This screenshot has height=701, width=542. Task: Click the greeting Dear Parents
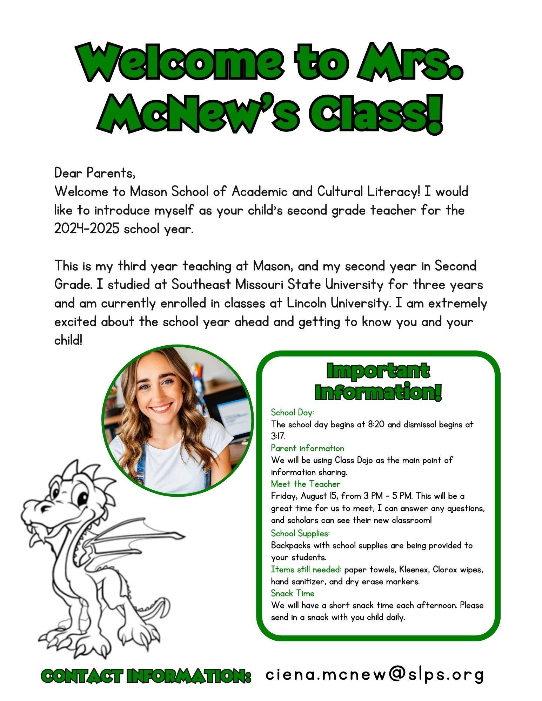point(95,173)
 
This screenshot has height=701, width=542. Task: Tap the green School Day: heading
point(292,412)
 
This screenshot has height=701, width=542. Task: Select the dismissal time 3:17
point(278,436)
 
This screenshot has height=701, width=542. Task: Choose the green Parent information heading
point(307,448)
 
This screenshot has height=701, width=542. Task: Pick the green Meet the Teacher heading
point(306,484)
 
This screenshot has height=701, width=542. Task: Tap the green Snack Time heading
point(293,593)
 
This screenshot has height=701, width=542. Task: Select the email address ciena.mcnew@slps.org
point(374,674)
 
